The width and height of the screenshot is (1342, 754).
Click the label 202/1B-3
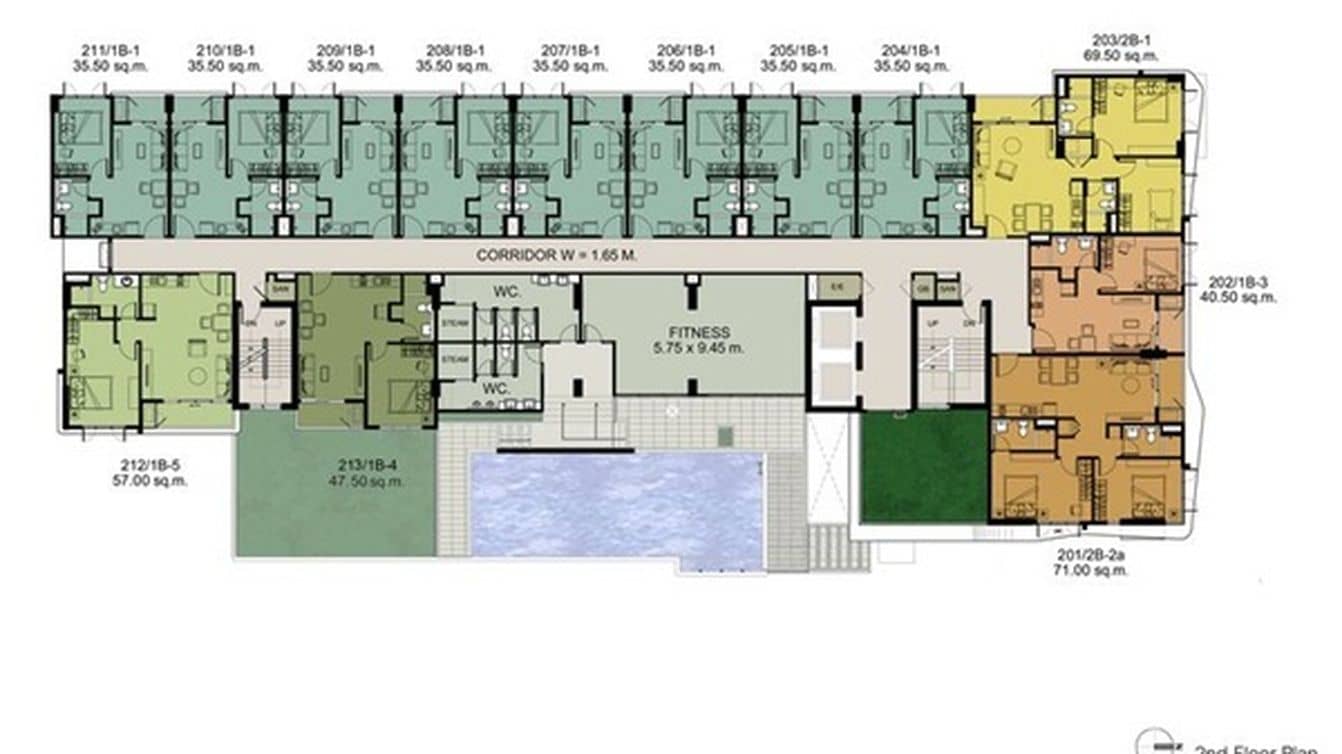pyautogui.click(x=1242, y=283)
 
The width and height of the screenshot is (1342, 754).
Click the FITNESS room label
pyautogui.click(x=700, y=332)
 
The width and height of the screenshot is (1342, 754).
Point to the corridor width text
pyautogui.click(x=557, y=255)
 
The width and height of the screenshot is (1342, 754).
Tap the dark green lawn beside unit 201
pyautogui.click(x=924, y=465)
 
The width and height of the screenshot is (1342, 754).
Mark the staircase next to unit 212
pyautogui.click(x=265, y=360)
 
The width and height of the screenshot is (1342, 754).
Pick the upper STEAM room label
pyautogui.click(x=454, y=323)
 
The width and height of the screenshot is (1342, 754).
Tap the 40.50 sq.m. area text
pyautogui.click(x=1242, y=297)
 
